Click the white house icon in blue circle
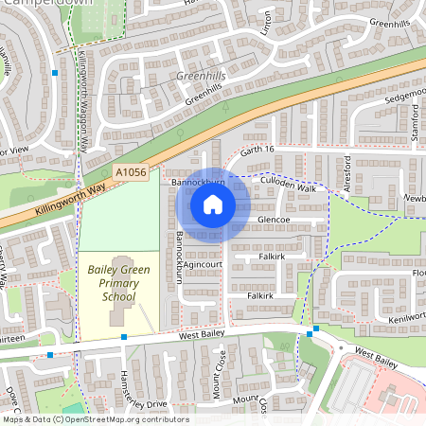pyautogui.click(x=212, y=204)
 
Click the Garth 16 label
pyautogui.click(x=256, y=150)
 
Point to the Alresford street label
pyautogui.click(x=347, y=173)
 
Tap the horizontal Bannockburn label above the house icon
pyautogui.click(x=196, y=179)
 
